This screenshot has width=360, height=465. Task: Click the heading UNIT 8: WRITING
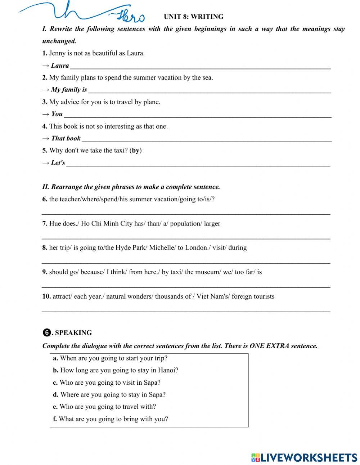(x=193, y=17)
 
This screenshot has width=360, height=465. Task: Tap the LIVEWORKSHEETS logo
(x=304, y=457)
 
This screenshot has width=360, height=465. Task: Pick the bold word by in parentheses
(x=135, y=151)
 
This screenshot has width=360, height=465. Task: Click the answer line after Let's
(x=198, y=164)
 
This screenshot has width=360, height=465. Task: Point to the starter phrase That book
(x=66, y=138)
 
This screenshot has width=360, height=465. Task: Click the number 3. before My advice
(x=45, y=102)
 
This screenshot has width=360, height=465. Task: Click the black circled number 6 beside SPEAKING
(x=46, y=333)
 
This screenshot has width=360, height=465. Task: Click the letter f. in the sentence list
(x=55, y=419)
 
